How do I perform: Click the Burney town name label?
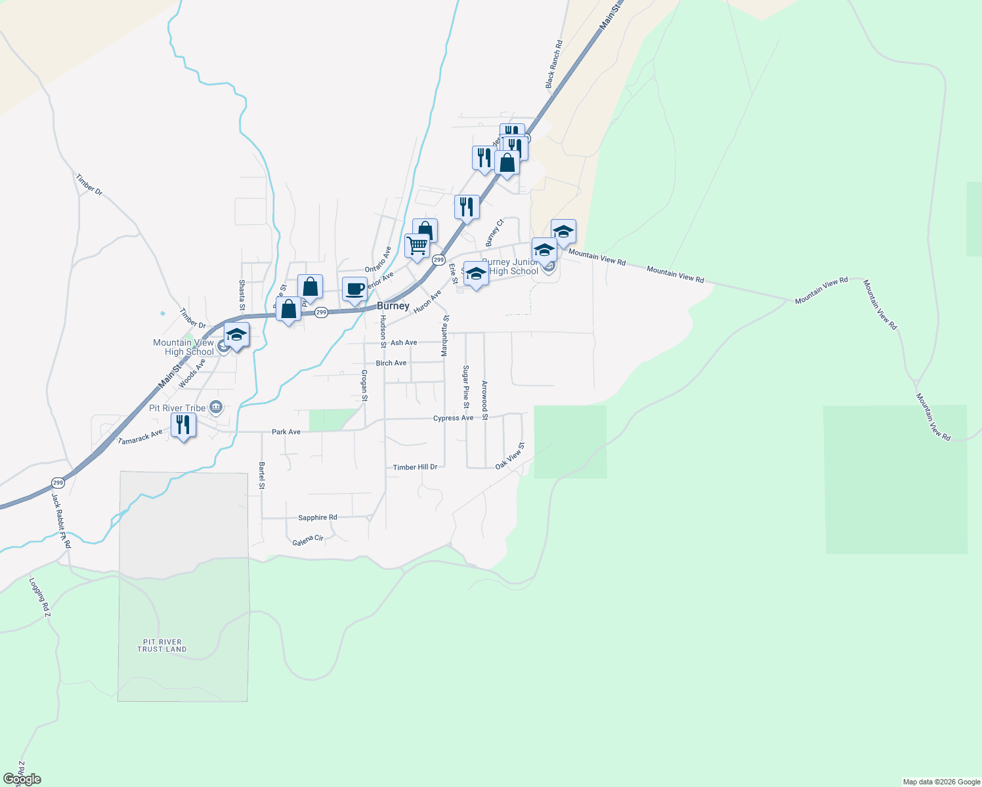[x=393, y=306]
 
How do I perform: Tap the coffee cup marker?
[x=354, y=289]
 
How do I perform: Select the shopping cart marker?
[x=417, y=246]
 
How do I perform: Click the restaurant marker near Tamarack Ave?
[x=183, y=425]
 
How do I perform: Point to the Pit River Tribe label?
[x=177, y=408]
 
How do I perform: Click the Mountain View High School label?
[x=184, y=347]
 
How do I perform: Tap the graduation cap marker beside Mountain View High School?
[x=236, y=335]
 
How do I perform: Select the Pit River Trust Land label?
[x=162, y=646]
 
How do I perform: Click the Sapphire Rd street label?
[x=318, y=517]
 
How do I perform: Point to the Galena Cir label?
[x=308, y=540]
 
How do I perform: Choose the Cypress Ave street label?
[x=453, y=418]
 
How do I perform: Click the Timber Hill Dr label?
[x=415, y=467]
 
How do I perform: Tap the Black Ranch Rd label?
[x=553, y=64]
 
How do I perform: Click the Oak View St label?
[x=510, y=456]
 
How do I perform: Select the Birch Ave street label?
[x=391, y=363]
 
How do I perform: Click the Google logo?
[x=22, y=779]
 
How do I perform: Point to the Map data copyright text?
[x=941, y=782]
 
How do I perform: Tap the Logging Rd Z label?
[x=39, y=597]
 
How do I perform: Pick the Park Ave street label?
[x=286, y=432]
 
